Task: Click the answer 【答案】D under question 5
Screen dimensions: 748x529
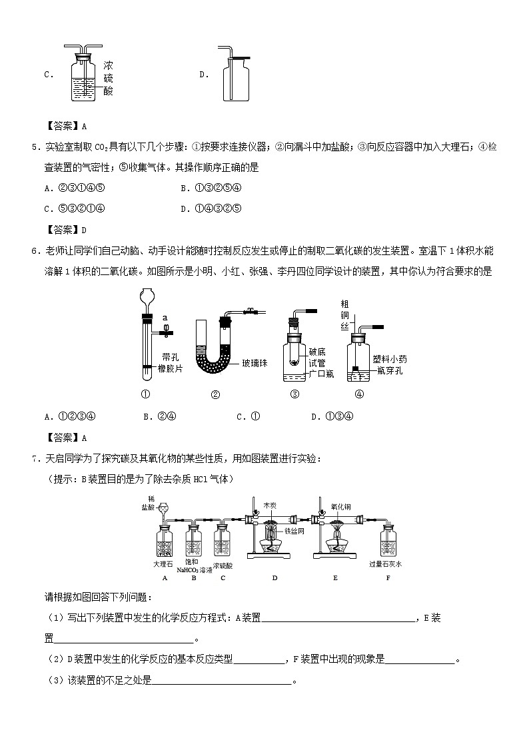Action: click(x=65, y=230)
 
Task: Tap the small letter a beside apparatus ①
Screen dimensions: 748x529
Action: click(x=165, y=318)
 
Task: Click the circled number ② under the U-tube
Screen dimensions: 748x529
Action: click(x=215, y=394)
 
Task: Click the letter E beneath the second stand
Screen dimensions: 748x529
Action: click(x=335, y=577)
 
